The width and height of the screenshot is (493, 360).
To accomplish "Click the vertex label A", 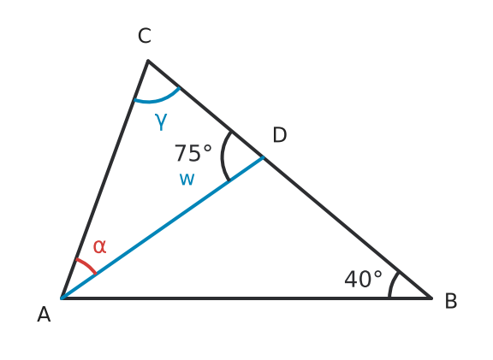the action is [x=44, y=315].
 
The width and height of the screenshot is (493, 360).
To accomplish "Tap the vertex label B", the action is [x=451, y=301].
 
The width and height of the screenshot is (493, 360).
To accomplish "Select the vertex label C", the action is [x=145, y=36].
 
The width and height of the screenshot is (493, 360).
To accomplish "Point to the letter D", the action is [x=280, y=135].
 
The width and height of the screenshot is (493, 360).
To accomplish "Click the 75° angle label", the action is [x=193, y=153].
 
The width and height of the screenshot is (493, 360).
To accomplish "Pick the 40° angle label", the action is [x=364, y=280].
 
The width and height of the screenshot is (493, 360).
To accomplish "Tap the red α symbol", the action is [x=99, y=246].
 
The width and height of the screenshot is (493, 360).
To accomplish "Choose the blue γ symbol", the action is [x=161, y=121].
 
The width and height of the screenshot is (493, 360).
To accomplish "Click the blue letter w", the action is [x=187, y=180].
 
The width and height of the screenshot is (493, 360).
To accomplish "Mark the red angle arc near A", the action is [x=87, y=265].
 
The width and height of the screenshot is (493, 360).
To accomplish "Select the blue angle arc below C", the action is [x=157, y=100].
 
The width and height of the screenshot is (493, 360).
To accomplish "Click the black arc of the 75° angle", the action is [x=223, y=156].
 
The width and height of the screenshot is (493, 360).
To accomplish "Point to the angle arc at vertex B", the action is [x=391, y=284].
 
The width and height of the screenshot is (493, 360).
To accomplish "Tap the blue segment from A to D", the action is [x=163, y=227].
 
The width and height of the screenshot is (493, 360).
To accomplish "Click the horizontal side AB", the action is [x=246, y=298].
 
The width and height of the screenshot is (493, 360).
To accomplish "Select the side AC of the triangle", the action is [x=104, y=179].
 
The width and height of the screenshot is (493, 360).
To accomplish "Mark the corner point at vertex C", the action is [x=148, y=61].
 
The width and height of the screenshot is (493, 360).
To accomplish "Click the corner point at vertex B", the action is [x=431, y=298].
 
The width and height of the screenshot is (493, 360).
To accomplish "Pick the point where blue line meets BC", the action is [x=264, y=157].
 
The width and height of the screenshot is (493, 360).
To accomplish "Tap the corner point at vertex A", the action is [x=62, y=298].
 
